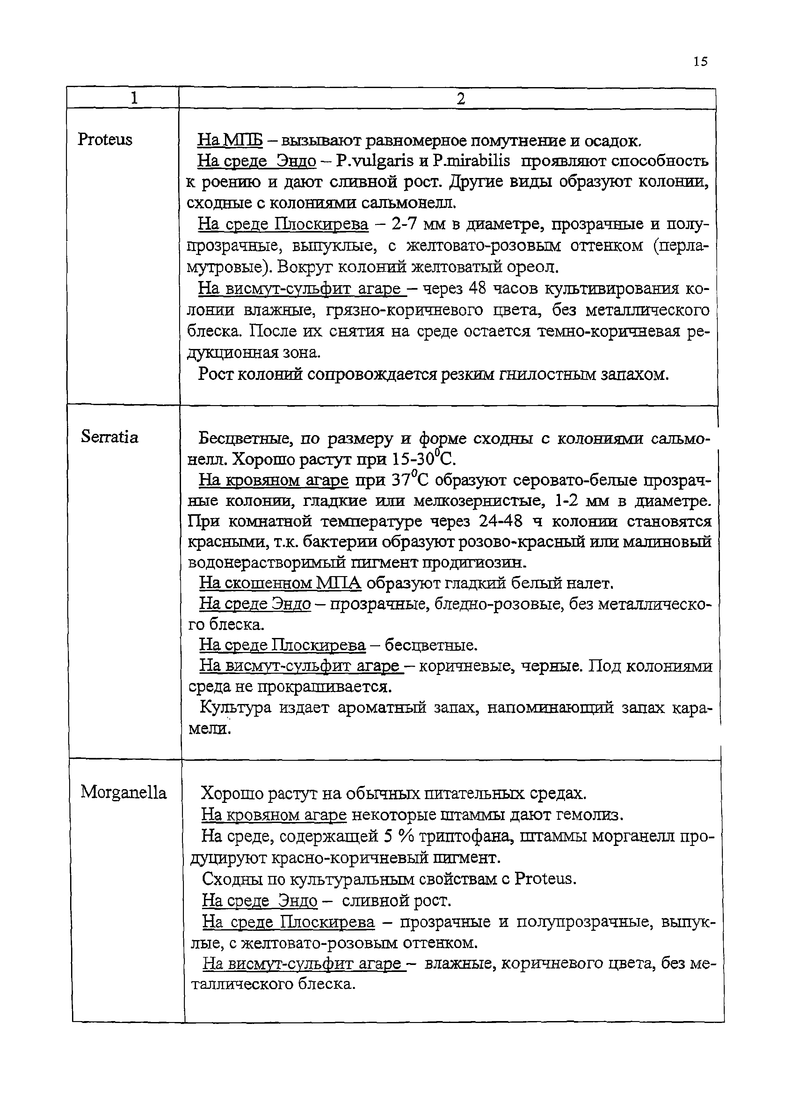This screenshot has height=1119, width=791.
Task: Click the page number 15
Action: click(700, 62)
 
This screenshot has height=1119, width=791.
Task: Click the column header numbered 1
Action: click(134, 99)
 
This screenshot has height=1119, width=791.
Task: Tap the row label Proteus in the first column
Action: click(105, 140)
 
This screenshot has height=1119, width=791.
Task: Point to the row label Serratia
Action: click(110, 437)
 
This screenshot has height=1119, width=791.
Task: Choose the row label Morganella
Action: click(124, 792)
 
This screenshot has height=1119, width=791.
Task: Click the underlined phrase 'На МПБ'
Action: click(230, 141)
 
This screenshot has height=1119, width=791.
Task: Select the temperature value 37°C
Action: click(410, 480)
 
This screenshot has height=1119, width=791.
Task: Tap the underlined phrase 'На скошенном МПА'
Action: click(280, 583)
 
